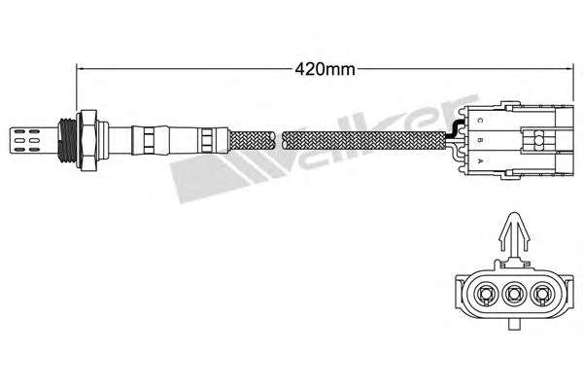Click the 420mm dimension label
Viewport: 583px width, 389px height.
pyautogui.click(x=325, y=69)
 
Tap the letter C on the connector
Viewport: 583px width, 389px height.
pyautogui.click(x=480, y=121)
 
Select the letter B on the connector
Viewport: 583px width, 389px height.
pyautogui.click(x=480, y=140)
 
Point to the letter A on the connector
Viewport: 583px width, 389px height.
pyautogui.click(x=480, y=161)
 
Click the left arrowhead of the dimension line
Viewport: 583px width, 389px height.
pyautogui.click(x=79, y=69)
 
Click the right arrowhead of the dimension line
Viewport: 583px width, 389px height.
pyautogui.click(x=570, y=69)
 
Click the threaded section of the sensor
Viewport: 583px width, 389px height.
pyautogui.click(x=67, y=140)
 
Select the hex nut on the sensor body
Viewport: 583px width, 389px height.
pyautogui.click(x=87, y=140)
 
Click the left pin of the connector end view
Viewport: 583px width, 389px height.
pyautogui.click(x=485, y=294)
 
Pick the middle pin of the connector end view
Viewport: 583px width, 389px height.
pyautogui.click(x=513, y=294)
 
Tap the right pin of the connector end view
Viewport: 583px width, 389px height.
pyautogui.click(x=542, y=294)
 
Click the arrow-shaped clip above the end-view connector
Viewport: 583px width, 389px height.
pyautogui.click(x=514, y=232)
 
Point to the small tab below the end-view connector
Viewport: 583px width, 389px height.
pyautogui.click(x=514, y=325)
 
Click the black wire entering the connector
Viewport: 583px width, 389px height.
pyautogui.click(x=453, y=128)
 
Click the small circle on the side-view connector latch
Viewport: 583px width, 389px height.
pyautogui.click(x=538, y=140)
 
